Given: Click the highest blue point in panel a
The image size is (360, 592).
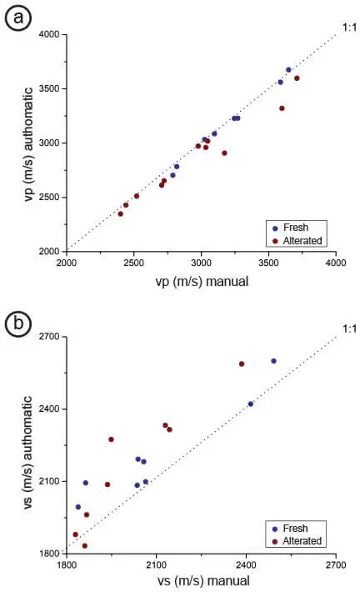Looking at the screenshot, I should pyautogui.click(x=288, y=70).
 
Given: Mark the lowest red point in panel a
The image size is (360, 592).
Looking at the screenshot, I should pyautogui.click(x=120, y=214).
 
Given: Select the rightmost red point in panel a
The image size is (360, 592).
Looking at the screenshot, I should pyautogui.click(x=297, y=78).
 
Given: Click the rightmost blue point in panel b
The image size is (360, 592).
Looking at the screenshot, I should pyautogui.click(x=273, y=361).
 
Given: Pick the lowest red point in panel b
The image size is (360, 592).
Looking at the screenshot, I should pyautogui.click(x=85, y=546).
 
